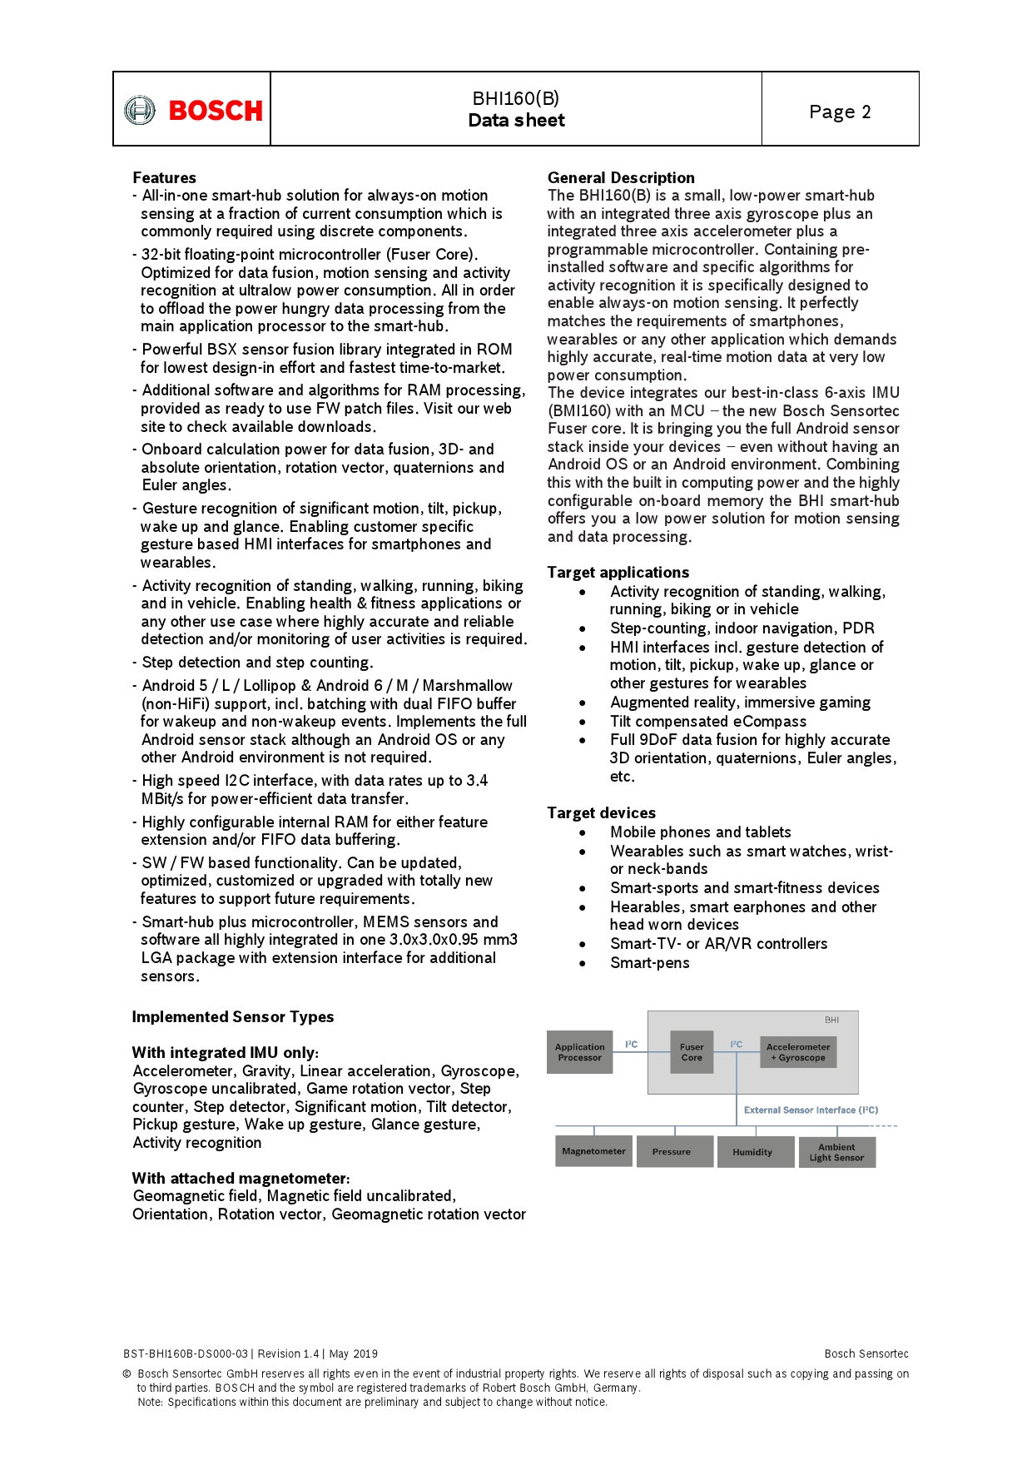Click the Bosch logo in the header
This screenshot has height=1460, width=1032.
193,110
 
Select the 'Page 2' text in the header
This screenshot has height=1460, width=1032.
840,112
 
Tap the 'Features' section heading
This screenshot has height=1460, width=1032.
164,177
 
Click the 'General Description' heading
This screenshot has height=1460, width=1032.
621,177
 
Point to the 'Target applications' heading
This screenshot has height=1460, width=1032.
618,572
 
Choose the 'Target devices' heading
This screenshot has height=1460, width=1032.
601,812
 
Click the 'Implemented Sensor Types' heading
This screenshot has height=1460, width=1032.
232,1016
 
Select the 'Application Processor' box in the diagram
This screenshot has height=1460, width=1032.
579,1052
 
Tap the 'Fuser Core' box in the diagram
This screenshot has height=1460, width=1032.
692,1052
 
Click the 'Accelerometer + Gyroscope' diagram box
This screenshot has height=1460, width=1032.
798,1052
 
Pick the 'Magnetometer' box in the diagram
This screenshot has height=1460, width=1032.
593,1151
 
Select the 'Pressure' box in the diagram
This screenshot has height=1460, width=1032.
672,1152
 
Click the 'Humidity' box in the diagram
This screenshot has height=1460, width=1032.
752,1152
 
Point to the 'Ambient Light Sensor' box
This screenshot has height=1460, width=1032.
836,1152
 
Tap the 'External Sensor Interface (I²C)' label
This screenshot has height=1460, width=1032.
811,1110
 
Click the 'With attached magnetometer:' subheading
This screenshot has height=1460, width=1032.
241,1178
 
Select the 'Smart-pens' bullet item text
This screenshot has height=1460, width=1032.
649,963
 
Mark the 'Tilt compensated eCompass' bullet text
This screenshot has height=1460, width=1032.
707,722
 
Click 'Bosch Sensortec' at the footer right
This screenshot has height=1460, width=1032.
866,1353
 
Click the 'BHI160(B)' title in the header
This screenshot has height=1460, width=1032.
516,98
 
